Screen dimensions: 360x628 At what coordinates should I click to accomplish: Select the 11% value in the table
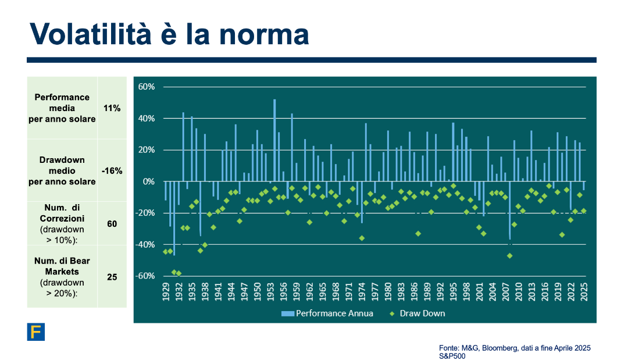pos(112,108)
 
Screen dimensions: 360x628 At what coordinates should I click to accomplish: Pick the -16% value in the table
pos(112,170)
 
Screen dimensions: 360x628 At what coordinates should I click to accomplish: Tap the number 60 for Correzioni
pos(112,223)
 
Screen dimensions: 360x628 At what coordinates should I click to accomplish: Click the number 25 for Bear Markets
pos(112,277)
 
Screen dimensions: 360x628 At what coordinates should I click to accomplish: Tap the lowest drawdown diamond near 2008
pos(510,256)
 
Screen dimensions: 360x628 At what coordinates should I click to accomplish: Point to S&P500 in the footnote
pos(452,356)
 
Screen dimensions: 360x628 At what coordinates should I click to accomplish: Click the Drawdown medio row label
pos(62,170)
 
